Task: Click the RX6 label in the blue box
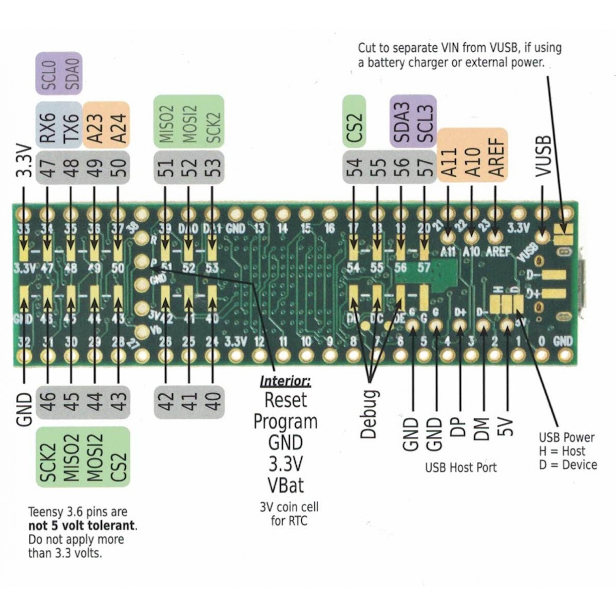48,126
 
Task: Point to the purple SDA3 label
401,122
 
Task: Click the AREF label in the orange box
496,156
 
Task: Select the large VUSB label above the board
543,156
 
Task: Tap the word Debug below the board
369,414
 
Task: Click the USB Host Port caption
460,468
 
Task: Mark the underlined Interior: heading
285,381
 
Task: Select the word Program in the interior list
285,421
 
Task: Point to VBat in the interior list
285,485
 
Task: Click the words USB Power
566,437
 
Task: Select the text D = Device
568,465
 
